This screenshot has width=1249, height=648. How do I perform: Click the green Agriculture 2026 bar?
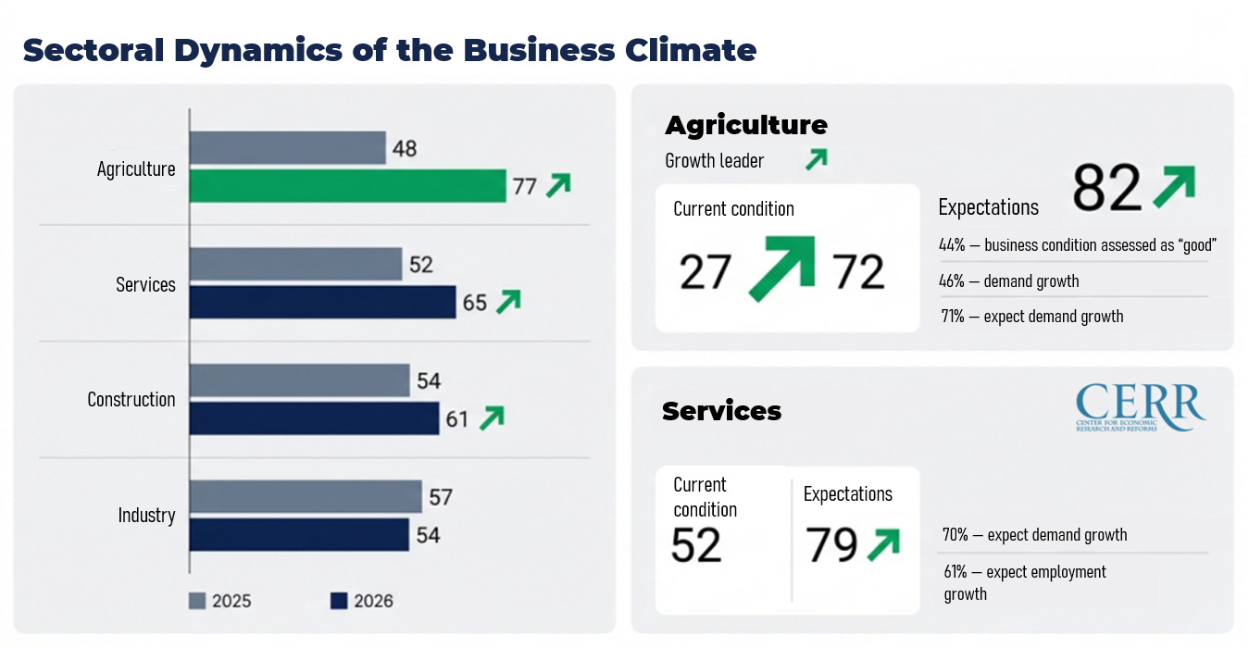pyautogui.click(x=347, y=186)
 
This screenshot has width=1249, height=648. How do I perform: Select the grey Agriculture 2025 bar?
pyautogui.click(x=287, y=148)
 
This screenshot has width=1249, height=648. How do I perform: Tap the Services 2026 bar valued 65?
pyautogui.click(x=322, y=302)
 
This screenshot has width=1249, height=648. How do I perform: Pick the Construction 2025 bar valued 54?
pyautogui.click(x=299, y=380)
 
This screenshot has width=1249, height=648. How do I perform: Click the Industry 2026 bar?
pyautogui.click(x=299, y=534)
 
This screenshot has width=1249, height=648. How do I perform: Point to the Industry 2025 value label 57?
pyautogui.click(x=441, y=497)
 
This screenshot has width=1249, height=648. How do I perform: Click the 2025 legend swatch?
pyautogui.click(x=197, y=601)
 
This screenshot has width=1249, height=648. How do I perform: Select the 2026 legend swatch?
pyautogui.click(x=338, y=601)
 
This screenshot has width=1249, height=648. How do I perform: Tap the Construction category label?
pyautogui.click(x=131, y=400)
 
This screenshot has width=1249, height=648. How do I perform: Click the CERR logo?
pyautogui.click(x=1140, y=407)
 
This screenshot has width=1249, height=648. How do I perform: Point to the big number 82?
pyautogui.click(x=1106, y=189)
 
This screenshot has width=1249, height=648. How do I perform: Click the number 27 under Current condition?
pyautogui.click(x=706, y=272)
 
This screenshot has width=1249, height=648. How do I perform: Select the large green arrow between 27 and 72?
pyautogui.click(x=781, y=268)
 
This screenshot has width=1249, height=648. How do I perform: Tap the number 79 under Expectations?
pyautogui.click(x=831, y=544)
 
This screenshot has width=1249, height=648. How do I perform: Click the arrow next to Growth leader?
pyautogui.click(x=815, y=160)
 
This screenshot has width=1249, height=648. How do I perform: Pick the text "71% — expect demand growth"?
pyautogui.click(x=1032, y=317)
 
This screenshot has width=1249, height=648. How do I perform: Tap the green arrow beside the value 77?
pyautogui.click(x=557, y=186)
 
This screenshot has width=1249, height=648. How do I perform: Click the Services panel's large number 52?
pyautogui.click(x=696, y=544)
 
